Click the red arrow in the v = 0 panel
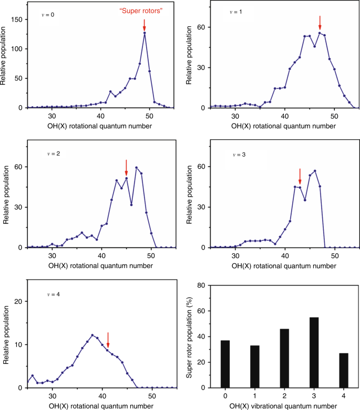coord(145,25)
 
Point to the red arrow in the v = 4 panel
coord(108,340)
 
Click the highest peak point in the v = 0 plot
coord(145,33)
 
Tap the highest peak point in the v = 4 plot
coord(92,335)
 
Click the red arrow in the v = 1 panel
coord(320,23)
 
